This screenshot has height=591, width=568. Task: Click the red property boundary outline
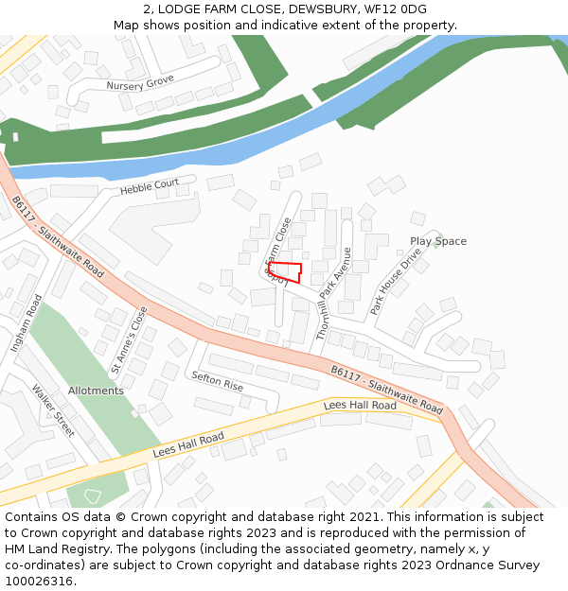285,272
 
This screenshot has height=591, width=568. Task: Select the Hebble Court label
149,187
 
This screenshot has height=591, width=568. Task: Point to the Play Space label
437,241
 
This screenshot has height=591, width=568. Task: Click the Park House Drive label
396,282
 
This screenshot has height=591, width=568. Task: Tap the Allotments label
96,391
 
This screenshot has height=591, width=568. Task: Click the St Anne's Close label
130,338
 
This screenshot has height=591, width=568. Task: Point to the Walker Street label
53,409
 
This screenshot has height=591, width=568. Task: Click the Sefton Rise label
217,381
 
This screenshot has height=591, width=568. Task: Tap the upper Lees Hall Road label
360,406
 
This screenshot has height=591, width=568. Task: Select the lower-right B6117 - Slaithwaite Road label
386,390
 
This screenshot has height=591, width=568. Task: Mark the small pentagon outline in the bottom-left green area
92,494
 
